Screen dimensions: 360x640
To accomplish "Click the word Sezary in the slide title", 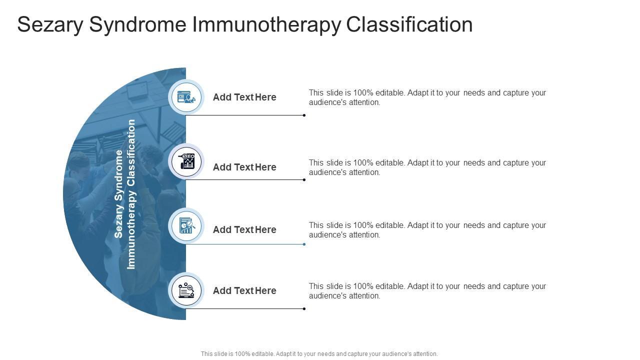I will [x=50, y=24].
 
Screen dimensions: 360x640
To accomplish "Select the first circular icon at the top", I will [x=186, y=97].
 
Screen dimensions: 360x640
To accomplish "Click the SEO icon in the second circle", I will [x=186, y=161].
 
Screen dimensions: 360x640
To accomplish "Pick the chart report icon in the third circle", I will [x=186, y=226].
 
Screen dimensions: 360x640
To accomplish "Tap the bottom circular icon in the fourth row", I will [x=186, y=290].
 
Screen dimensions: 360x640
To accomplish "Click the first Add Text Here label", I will [x=244, y=97].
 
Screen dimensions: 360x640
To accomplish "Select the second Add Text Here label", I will [x=244, y=167].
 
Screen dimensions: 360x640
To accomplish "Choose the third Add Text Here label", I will [x=244, y=229].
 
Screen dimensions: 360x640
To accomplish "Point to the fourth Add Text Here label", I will [x=244, y=290].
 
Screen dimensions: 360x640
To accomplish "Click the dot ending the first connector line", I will [x=304, y=115].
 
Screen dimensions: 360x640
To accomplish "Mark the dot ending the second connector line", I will [x=304, y=180].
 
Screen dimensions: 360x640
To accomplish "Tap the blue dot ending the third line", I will [x=304, y=244].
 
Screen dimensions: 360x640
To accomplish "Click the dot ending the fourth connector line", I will [x=304, y=309].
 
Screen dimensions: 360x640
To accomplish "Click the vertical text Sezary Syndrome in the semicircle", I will [x=119, y=194].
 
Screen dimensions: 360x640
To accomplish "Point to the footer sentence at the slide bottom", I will [x=319, y=354].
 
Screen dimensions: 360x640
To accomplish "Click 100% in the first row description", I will [x=363, y=92].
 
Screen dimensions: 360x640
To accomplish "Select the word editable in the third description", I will [x=390, y=225].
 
